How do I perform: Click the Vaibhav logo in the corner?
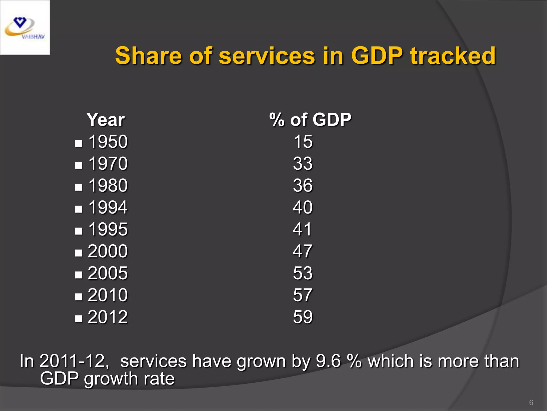25,27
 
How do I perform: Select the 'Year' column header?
106,120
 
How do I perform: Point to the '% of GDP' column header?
310,120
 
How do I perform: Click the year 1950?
108,142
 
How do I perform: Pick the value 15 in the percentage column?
303,142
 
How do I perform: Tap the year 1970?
108,163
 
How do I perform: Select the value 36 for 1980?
303,185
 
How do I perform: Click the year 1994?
108,207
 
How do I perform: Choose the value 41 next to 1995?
302,229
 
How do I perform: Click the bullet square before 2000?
78,253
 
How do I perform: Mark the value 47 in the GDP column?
302,251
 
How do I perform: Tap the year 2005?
108,273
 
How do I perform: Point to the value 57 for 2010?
303,295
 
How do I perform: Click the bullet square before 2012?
78,319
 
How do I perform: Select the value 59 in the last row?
303,317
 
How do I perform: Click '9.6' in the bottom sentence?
328,361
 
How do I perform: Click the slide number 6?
531,402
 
